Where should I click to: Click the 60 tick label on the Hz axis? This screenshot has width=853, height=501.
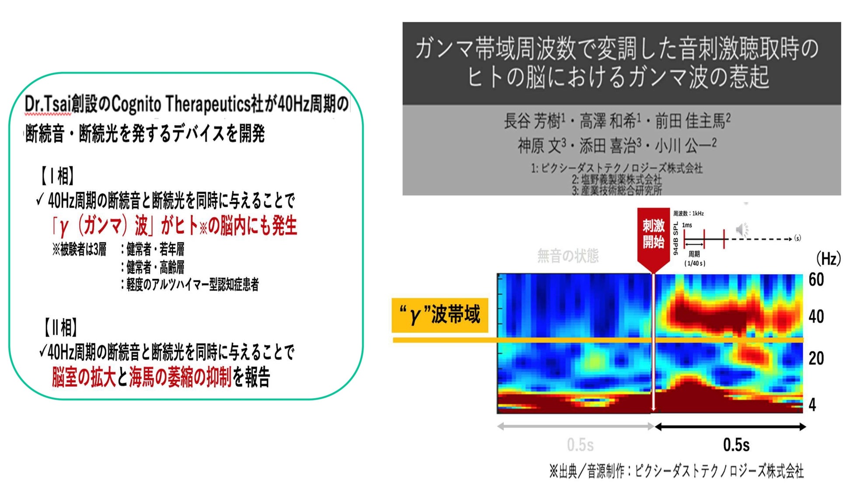(816, 280)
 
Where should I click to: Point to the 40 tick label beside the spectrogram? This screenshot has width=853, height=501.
(816, 316)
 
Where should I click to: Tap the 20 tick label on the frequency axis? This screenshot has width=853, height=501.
(816, 358)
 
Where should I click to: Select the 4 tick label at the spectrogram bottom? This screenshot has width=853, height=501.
(812, 405)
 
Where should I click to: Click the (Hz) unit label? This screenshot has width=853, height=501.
(828, 259)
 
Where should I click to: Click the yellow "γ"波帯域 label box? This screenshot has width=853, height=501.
(440, 315)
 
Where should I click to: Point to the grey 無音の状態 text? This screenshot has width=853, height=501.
(567, 256)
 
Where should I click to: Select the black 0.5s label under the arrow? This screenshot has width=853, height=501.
(736, 445)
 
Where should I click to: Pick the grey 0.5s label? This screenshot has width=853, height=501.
(580, 445)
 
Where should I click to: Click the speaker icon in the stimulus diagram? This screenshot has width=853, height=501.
(741, 229)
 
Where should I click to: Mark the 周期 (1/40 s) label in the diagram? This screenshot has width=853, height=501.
(694, 258)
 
